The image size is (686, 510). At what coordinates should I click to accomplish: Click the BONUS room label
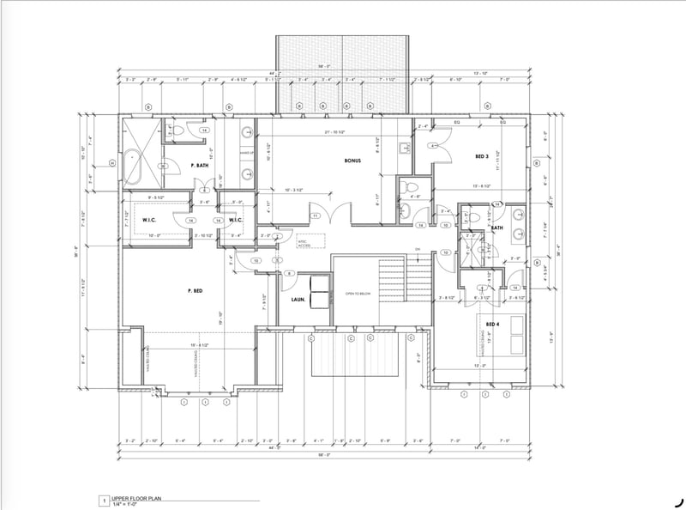[352, 161]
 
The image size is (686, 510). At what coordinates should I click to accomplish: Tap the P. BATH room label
[199, 164]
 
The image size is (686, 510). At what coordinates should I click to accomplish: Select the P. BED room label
[194, 291]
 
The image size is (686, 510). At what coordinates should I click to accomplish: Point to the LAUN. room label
[298, 299]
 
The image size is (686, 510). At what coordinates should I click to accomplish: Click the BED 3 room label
[483, 157]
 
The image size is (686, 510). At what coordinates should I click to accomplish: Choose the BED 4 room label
[492, 324]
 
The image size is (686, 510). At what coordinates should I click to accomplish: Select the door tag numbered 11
[316, 215]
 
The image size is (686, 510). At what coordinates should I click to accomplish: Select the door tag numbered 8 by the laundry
[290, 273]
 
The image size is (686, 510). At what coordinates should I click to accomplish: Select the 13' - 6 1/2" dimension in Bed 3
[481, 186]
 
